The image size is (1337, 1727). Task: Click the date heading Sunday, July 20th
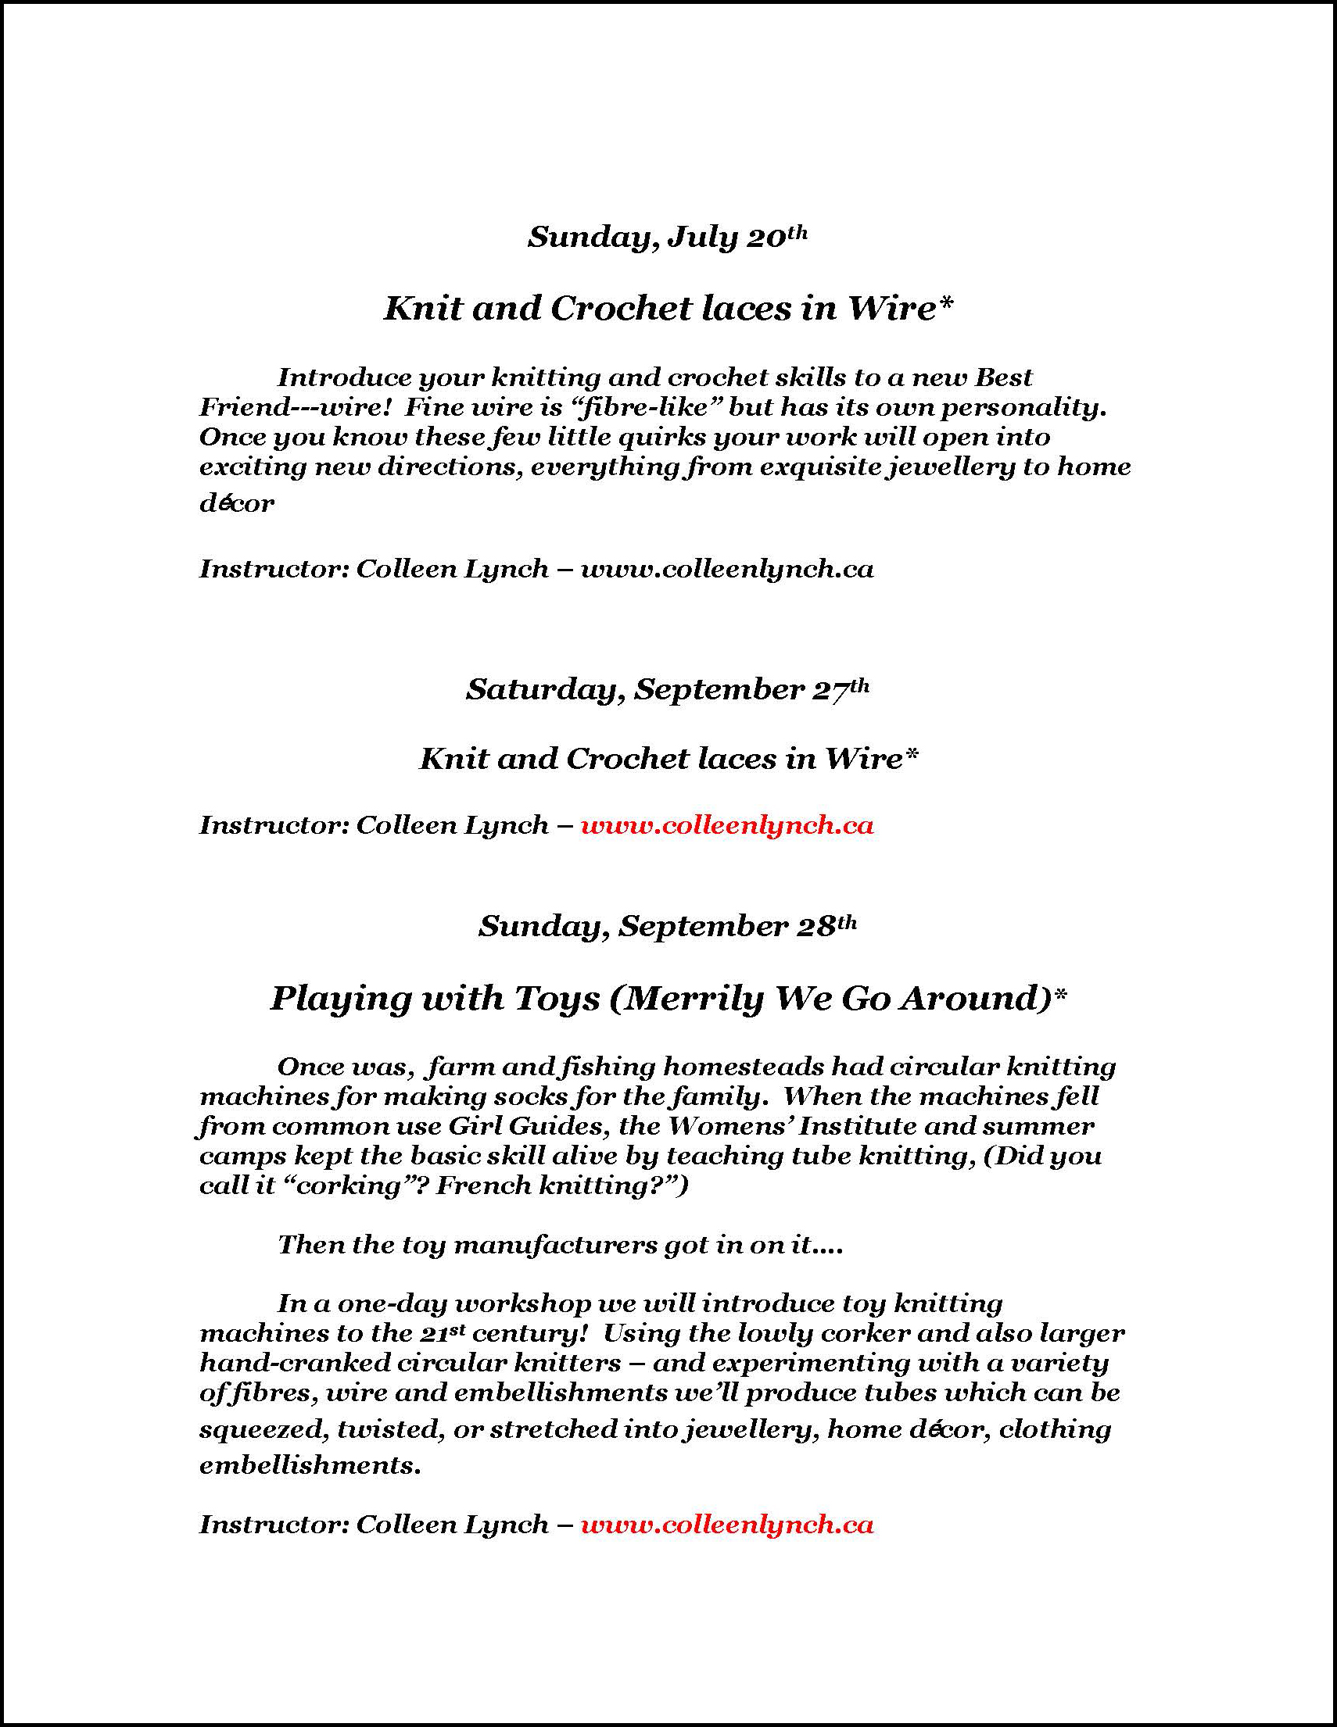point(667,238)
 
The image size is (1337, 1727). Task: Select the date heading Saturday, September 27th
point(667,689)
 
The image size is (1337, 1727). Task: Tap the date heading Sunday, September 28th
point(667,926)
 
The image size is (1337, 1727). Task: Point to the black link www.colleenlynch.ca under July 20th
point(727,570)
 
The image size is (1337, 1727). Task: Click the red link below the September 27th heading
point(727,825)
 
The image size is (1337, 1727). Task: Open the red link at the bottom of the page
point(727,1525)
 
